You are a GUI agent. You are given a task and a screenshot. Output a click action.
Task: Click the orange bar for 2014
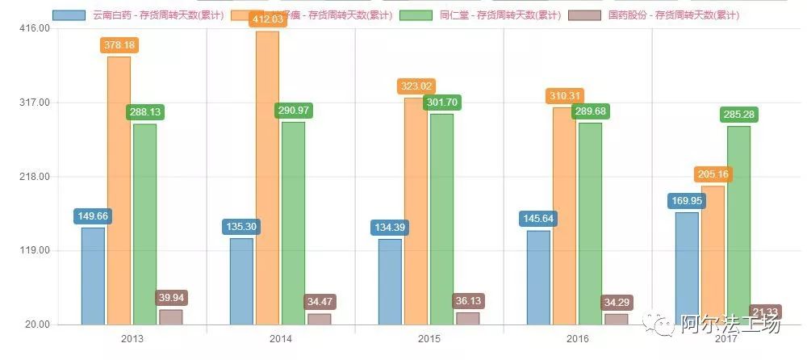[267, 178]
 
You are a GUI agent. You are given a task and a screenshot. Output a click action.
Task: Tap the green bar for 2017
[738, 225]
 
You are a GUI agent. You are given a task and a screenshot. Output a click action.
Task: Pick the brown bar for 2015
[467, 318]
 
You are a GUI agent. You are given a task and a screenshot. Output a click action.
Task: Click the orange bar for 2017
[713, 255]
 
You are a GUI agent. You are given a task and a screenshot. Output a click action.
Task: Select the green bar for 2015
[441, 219]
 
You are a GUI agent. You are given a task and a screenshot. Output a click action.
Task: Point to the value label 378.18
[119, 45]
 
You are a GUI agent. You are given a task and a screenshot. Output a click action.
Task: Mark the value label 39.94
[171, 299]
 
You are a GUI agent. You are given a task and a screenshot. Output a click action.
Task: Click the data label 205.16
[713, 174]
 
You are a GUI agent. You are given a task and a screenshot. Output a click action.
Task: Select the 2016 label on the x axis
[577, 338]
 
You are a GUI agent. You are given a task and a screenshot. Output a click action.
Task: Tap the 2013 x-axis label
[132, 338]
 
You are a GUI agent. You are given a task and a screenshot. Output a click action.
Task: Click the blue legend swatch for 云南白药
[68, 15]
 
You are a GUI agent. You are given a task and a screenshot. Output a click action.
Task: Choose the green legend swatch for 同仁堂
[416, 15]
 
